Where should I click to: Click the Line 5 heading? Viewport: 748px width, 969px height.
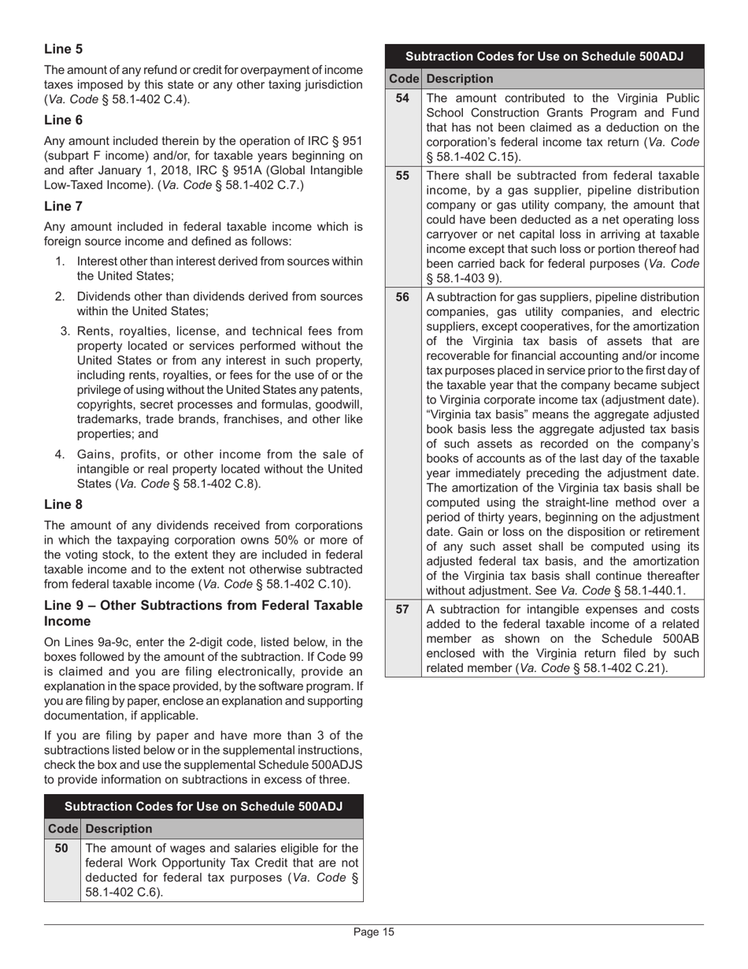pyautogui.click(x=63, y=49)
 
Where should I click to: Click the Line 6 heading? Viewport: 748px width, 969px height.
pyautogui.click(x=63, y=120)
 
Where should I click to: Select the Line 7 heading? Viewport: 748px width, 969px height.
pyautogui.click(x=63, y=206)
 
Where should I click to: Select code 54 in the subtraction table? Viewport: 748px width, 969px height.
pyautogui.click(x=402, y=98)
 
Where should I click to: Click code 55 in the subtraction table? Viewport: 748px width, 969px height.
pyautogui.click(x=402, y=176)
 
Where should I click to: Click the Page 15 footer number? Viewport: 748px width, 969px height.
pyautogui.click(x=373, y=933)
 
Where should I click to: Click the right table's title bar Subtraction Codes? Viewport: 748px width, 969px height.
pyautogui.click(x=543, y=57)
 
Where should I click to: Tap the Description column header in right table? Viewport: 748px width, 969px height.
pyautogui.click(x=460, y=79)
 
